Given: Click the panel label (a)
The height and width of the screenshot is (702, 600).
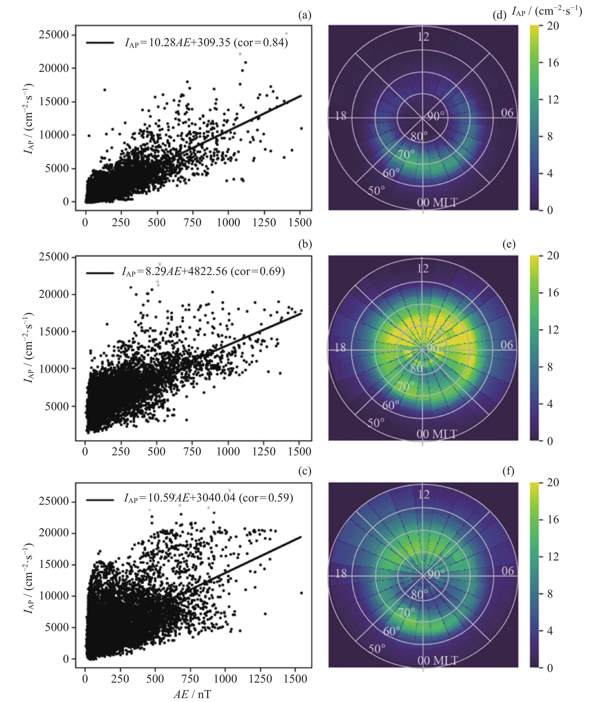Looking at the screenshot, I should tap(305, 15).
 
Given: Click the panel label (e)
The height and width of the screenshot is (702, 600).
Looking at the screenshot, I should tap(509, 244).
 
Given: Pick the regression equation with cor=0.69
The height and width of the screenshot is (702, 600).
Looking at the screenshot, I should tap(203, 272).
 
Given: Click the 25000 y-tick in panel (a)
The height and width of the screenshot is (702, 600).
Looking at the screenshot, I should tap(54, 35).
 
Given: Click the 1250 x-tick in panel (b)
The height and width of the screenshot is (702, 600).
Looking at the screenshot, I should tap(264, 451).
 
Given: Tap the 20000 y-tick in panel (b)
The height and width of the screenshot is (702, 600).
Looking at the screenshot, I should tap(54, 294).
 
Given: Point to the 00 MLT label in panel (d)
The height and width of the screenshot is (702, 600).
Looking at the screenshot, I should tap(437, 202).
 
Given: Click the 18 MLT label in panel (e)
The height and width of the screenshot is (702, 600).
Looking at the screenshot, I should tap(340, 348).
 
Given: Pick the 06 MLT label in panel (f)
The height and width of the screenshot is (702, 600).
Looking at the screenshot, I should tap(507, 571).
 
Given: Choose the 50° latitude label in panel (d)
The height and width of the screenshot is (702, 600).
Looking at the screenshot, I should tap(376, 191).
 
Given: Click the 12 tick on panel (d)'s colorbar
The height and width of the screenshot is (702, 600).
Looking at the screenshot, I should tap(553, 100).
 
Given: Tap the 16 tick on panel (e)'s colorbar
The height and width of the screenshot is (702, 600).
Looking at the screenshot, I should tap(553, 293).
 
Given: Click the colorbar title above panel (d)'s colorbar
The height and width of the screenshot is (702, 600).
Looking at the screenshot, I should tap(546, 12).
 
